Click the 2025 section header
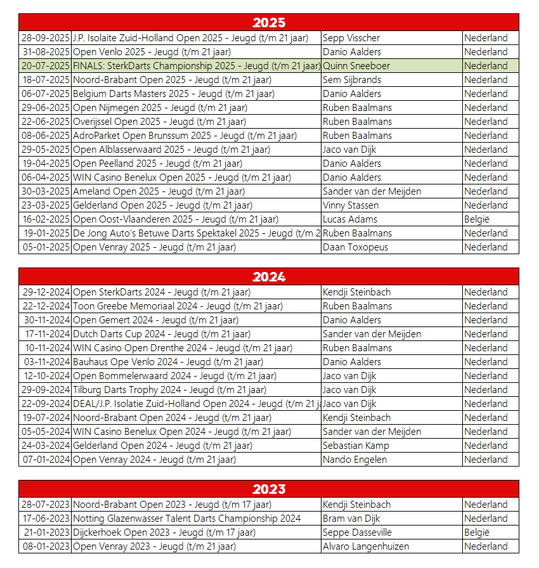269,23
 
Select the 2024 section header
269,277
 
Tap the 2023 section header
269,489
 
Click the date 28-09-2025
45,38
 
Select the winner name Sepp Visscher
351,38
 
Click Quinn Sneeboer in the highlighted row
356,66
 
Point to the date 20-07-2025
45,66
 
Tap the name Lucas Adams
350,219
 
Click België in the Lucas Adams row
477,219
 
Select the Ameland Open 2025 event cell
159,191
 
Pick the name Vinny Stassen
351,205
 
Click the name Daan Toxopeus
355,247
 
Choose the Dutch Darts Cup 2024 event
162,334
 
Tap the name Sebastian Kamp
356,446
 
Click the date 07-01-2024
45,460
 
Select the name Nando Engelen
354,460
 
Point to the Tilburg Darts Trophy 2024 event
169,390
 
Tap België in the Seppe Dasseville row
477,532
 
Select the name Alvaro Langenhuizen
366,546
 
